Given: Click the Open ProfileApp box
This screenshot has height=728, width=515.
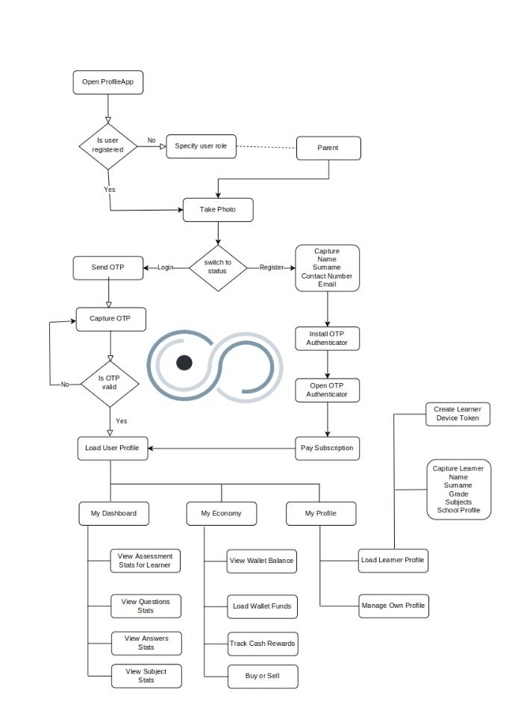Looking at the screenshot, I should [x=108, y=82].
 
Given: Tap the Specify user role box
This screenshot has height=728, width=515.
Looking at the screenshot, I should [x=201, y=146].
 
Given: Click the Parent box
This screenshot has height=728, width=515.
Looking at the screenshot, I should [x=328, y=148].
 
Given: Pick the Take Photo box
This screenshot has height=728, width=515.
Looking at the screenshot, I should [x=218, y=210].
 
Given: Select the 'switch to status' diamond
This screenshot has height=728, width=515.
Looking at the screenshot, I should [x=218, y=267].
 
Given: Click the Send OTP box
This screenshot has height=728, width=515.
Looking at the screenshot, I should [x=108, y=267].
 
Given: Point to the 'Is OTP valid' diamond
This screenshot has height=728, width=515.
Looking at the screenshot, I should [x=110, y=382].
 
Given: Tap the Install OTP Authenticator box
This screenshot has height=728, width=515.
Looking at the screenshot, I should [x=327, y=338].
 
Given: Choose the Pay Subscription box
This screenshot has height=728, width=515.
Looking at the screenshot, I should [x=327, y=448].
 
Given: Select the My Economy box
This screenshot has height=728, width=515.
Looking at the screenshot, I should [x=222, y=514].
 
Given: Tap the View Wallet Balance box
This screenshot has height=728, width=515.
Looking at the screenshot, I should [x=262, y=561].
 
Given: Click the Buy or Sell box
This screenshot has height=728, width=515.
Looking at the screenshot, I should [x=262, y=676].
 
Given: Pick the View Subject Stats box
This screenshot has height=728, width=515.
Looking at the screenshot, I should [x=146, y=676].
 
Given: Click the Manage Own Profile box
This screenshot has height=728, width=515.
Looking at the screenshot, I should [x=393, y=606].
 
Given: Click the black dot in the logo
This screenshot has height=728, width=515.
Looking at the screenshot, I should [x=184, y=363].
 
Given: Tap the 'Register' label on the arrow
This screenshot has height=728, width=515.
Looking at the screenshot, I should [x=272, y=267].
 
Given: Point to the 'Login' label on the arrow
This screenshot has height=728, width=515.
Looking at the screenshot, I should [x=166, y=267].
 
